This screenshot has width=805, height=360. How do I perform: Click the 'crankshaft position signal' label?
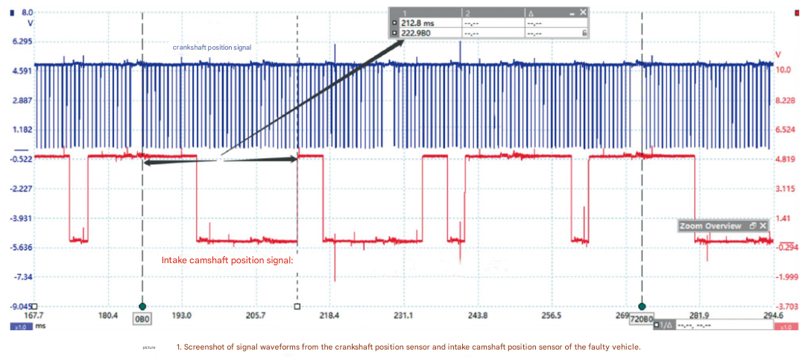coord(212,47)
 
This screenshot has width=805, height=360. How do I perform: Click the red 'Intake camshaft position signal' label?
coord(228,261)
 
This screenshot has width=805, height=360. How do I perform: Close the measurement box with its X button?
coord(583,13)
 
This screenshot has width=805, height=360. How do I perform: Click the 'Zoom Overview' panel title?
coord(710,226)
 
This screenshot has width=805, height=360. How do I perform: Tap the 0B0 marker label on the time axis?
coord(142,318)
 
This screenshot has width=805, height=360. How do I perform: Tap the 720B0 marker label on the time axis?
coord(641,319)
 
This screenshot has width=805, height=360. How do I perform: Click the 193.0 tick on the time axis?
coord(182,315)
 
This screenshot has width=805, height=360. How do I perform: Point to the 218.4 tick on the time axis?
coord(329,315)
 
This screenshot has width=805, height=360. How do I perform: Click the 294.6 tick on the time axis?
coord(772,315)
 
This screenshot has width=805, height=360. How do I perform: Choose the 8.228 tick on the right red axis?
coord(787,100)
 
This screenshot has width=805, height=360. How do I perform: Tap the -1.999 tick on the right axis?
coord(788,277)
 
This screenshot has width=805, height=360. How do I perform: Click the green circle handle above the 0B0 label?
coord(142,306)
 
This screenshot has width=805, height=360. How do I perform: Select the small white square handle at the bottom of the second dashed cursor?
coord(297,306)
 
